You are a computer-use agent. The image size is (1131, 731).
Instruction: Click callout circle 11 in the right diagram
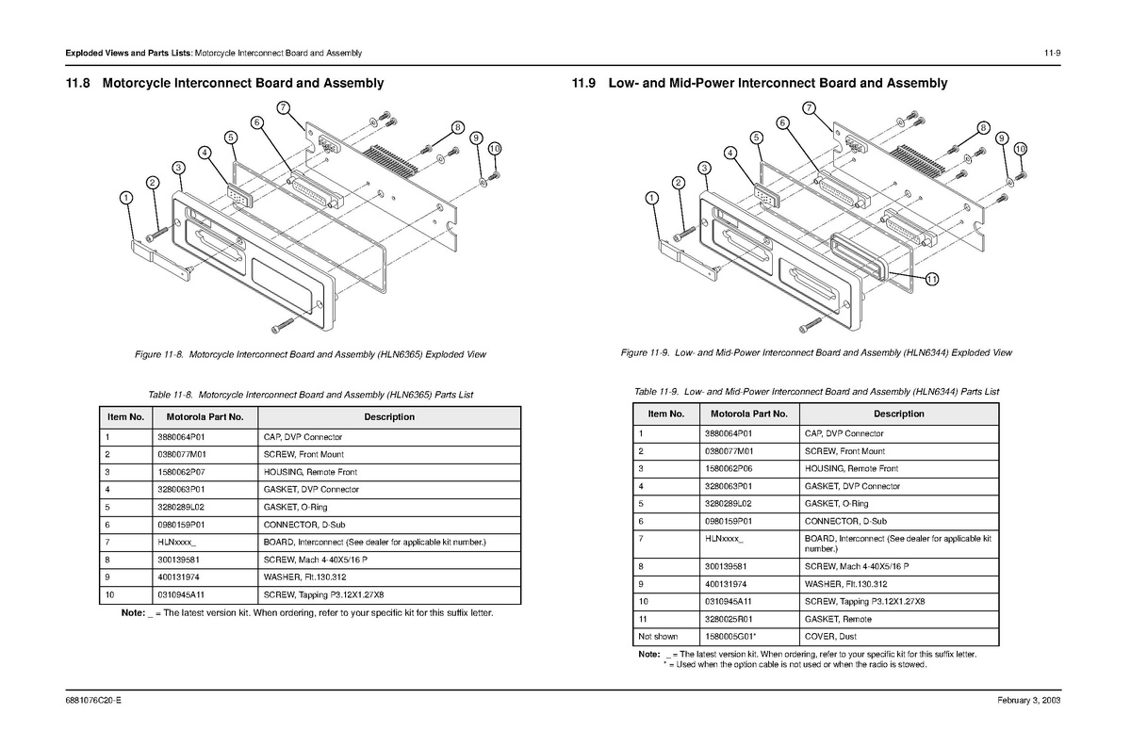tap(931, 279)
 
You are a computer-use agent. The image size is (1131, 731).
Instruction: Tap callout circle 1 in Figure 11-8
tap(125, 198)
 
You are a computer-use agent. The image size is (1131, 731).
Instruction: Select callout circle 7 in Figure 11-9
tap(808, 107)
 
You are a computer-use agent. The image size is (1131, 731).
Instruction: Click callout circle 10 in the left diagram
tap(495, 148)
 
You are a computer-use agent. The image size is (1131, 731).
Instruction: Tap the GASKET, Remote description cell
tap(838, 619)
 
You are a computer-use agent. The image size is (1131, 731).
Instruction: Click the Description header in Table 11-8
tap(388, 416)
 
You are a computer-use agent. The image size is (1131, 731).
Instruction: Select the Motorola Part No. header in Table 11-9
tap(749, 414)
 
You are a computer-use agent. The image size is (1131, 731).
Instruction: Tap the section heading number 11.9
tap(584, 83)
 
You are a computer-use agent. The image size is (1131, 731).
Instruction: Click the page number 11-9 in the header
tap(1052, 52)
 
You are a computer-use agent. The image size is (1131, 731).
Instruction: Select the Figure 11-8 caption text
tap(311, 354)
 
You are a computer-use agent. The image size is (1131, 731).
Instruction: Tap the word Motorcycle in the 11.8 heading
tap(143, 83)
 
